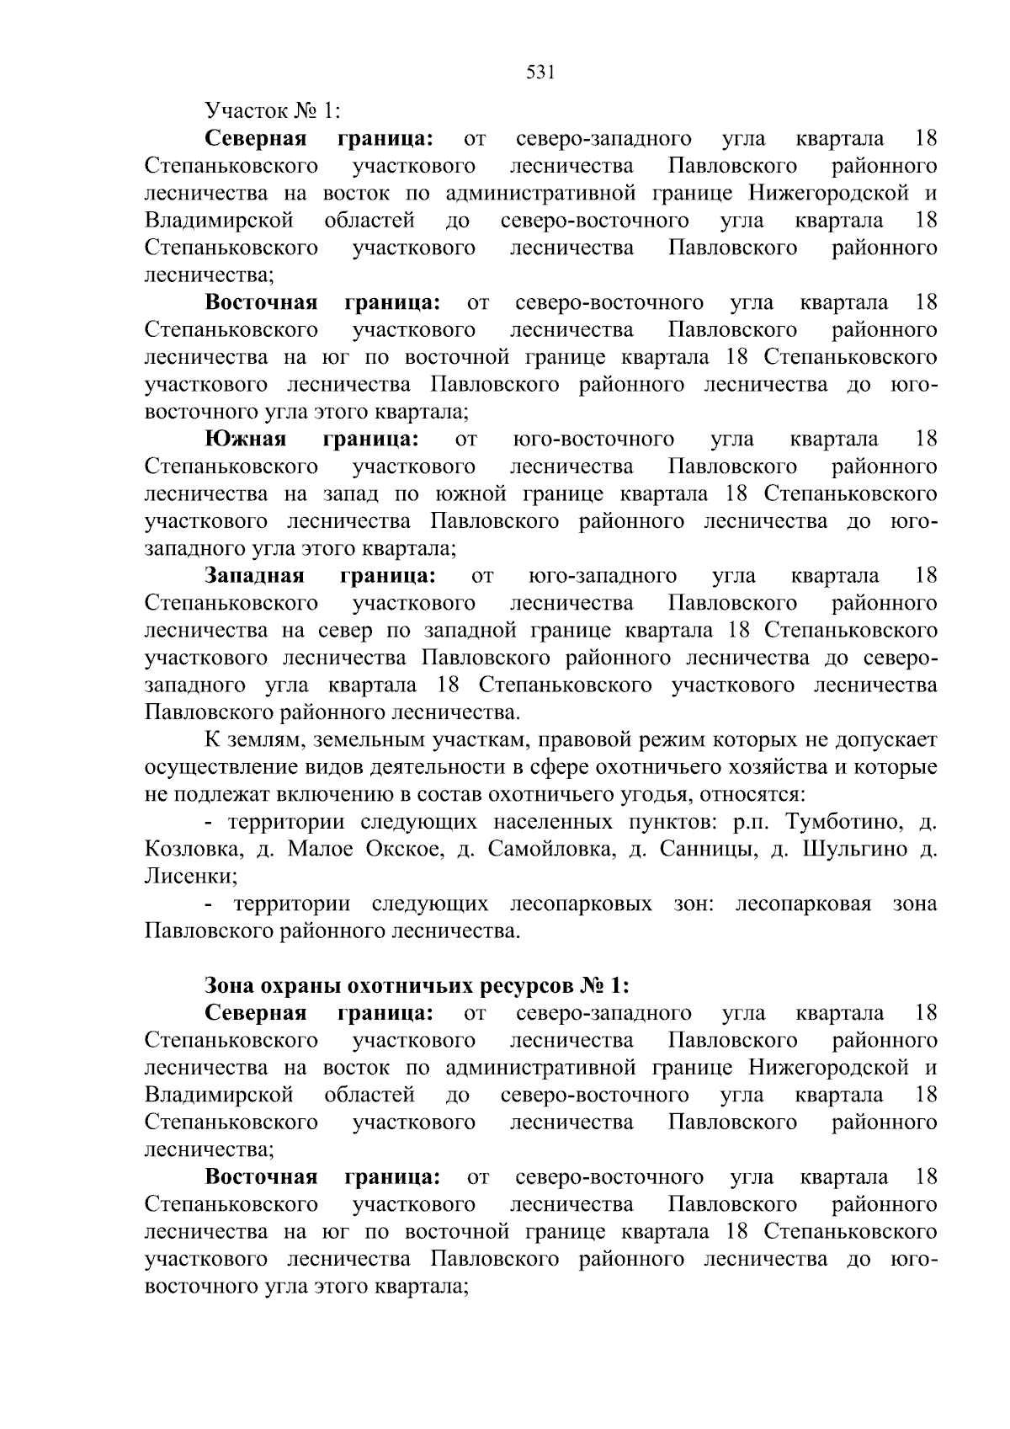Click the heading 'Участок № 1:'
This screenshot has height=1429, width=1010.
(273, 111)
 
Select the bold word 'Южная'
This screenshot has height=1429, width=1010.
(246, 440)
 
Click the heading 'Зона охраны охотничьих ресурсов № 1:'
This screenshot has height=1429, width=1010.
(417, 986)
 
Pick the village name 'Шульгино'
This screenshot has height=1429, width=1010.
(853, 850)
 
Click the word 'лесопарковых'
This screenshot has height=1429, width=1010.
(581, 904)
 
